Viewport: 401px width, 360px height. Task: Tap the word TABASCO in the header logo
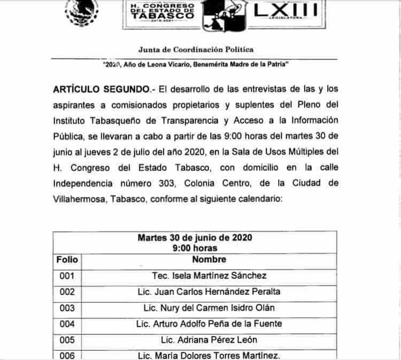tap(163, 15)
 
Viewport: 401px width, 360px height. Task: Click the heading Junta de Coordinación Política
tap(196, 50)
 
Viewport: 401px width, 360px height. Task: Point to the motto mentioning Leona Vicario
tap(196, 64)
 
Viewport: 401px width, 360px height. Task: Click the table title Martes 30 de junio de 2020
tap(195, 237)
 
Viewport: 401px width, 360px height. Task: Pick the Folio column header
tap(67, 260)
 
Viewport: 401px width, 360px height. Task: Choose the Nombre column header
tap(209, 260)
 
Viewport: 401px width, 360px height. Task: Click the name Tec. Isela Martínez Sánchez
tap(209, 276)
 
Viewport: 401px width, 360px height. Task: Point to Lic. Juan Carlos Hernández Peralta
tap(209, 292)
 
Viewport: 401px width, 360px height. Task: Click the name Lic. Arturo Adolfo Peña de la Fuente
tap(209, 324)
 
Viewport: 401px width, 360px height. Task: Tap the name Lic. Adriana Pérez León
tap(209, 340)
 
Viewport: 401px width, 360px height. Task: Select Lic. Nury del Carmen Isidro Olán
tap(209, 308)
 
